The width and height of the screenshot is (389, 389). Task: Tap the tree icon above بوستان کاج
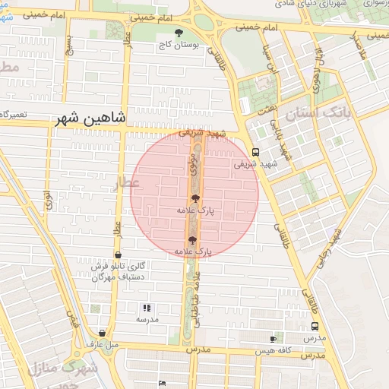click(179, 33)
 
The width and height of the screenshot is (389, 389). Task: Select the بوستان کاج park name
click(179, 45)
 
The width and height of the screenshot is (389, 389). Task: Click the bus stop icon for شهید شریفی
click(255, 151)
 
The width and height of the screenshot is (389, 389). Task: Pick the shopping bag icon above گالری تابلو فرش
click(118, 255)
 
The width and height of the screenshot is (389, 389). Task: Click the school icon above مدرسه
click(147, 308)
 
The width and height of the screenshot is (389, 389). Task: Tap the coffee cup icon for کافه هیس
click(274, 338)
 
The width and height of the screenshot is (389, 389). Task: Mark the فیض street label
click(73, 321)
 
